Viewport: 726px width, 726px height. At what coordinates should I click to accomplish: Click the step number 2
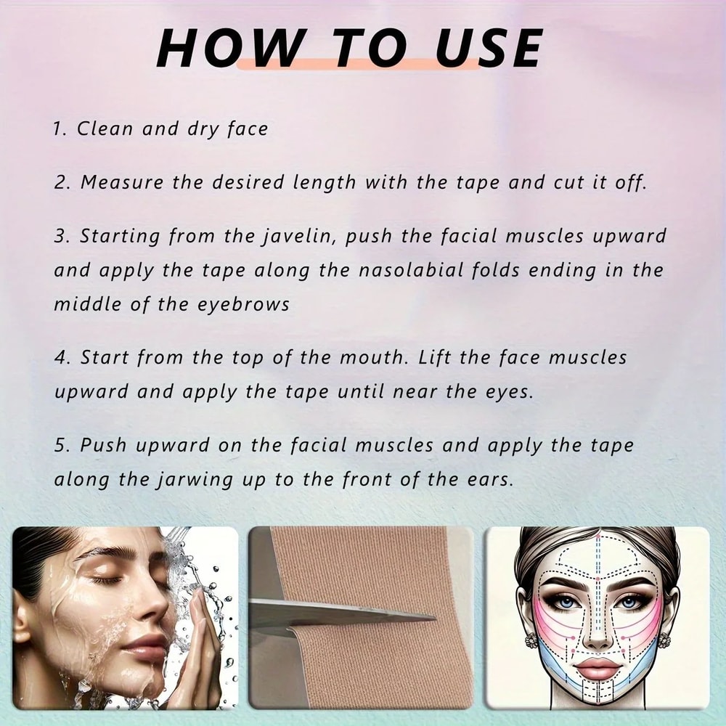(x=60, y=182)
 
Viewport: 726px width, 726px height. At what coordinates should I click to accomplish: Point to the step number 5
(x=60, y=445)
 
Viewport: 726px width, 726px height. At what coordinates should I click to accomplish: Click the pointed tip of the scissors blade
(x=433, y=618)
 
